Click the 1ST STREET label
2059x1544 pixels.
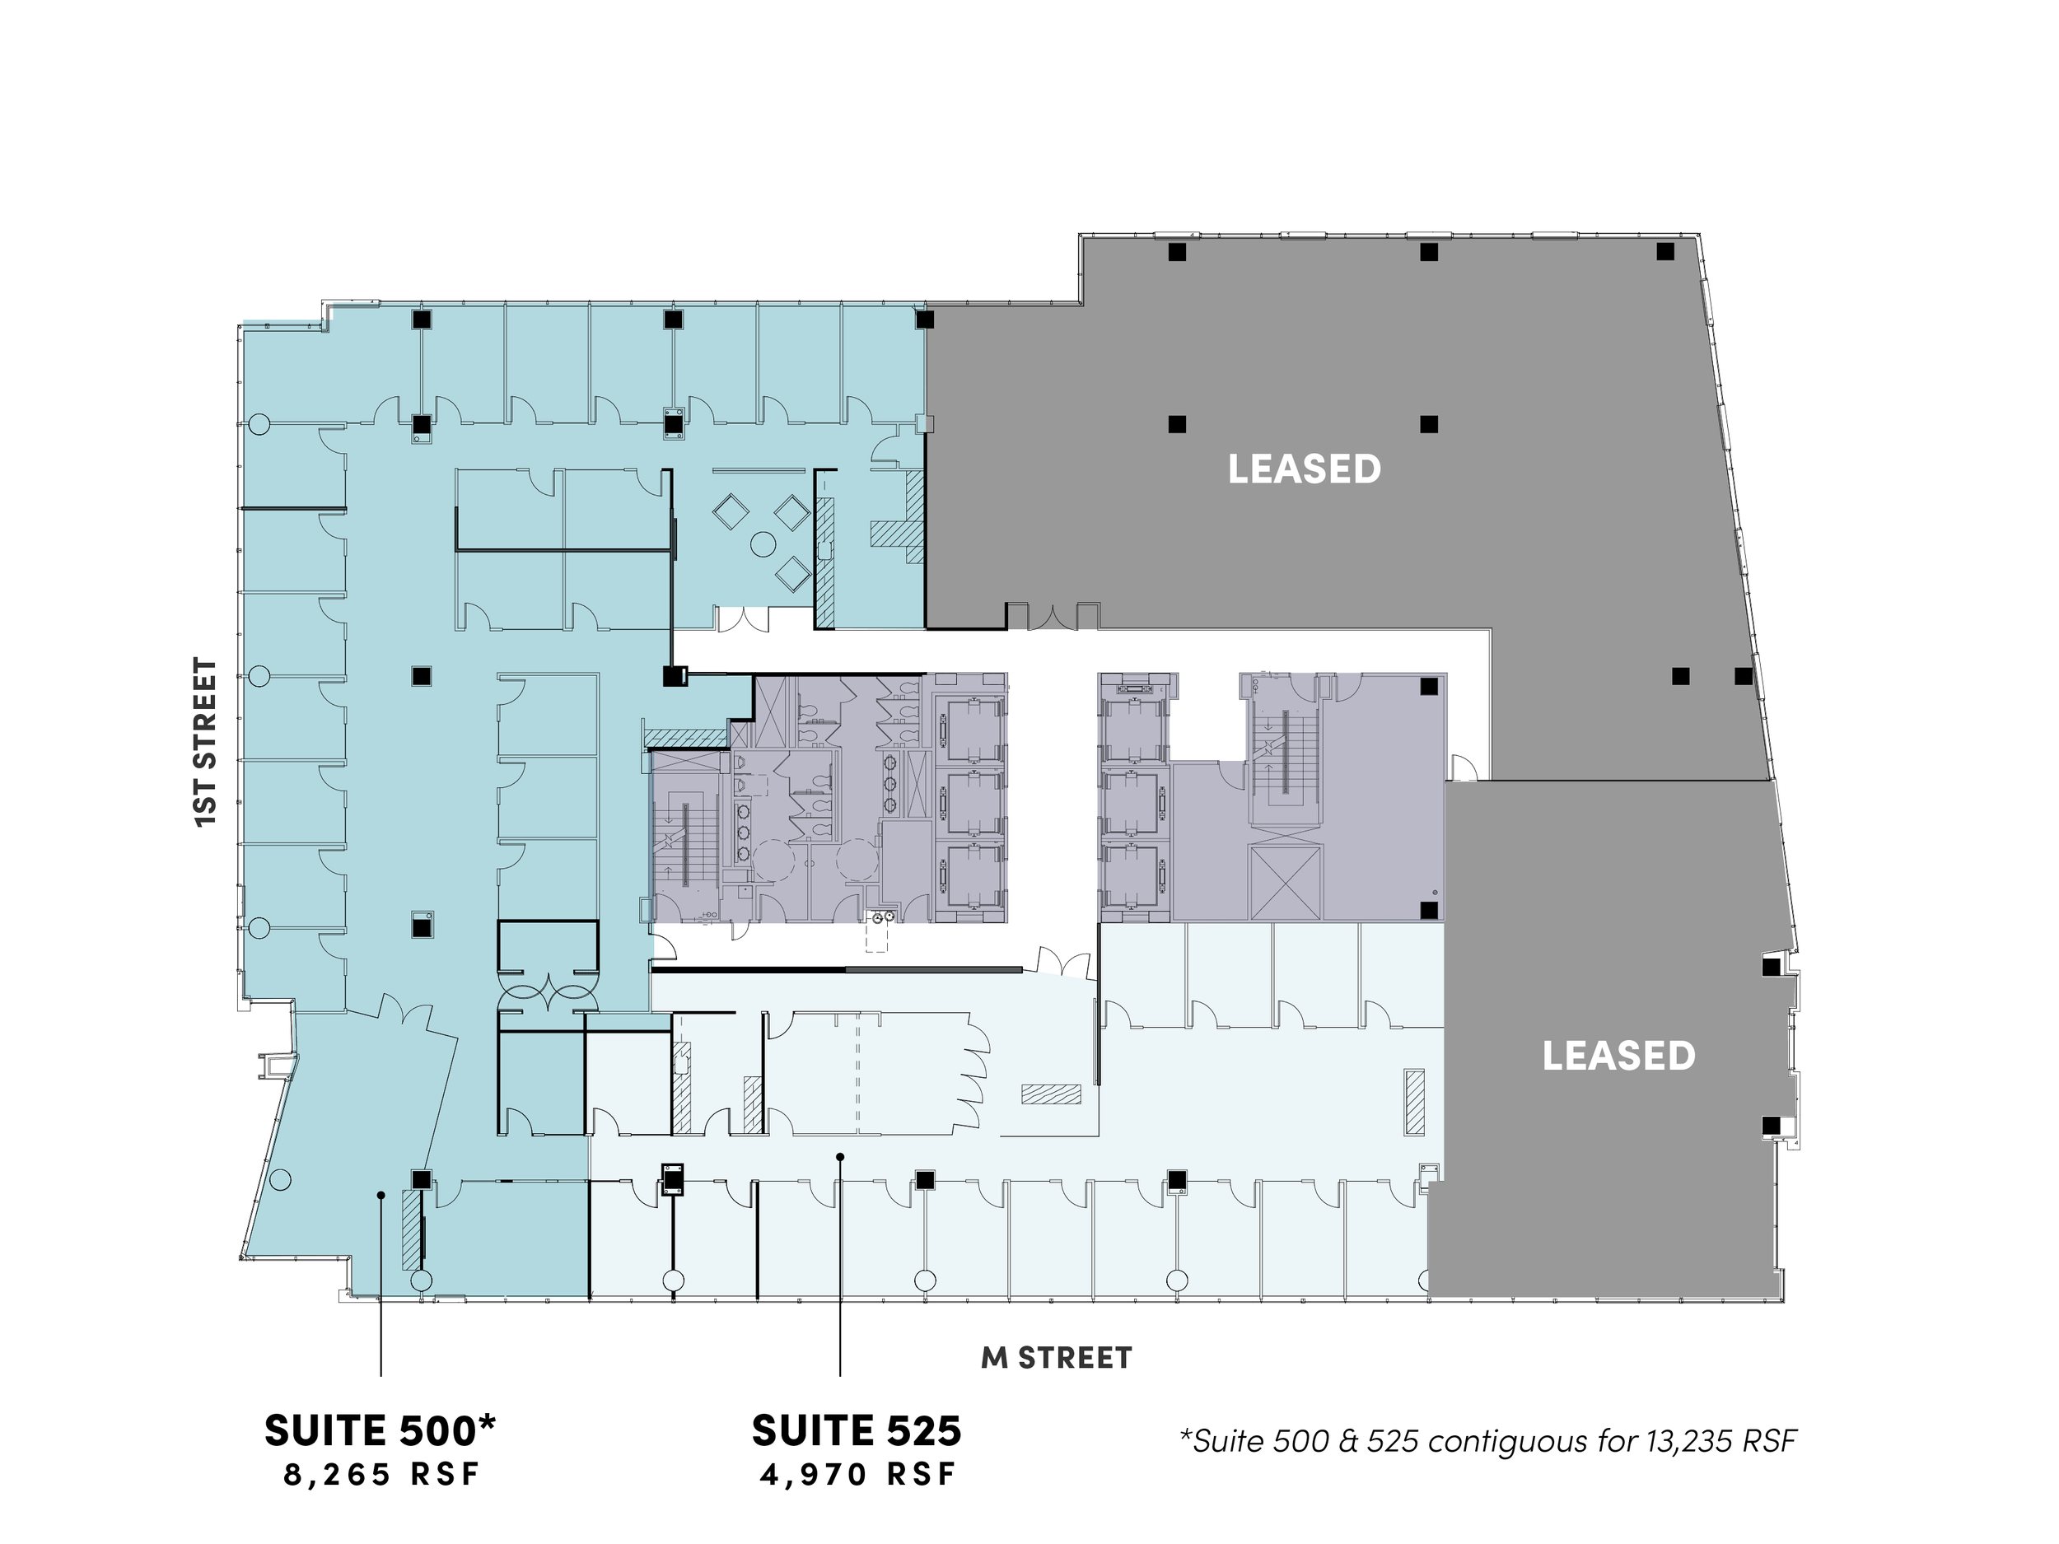(206, 742)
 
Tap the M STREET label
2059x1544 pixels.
(1057, 1358)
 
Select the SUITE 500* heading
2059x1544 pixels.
(380, 1430)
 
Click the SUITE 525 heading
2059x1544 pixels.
(857, 1431)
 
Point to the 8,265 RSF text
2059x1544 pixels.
(381, 1475)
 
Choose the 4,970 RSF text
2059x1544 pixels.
(858, 1475)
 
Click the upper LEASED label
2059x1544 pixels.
(1304, 469)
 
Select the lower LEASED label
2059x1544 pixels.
(1618, 1057)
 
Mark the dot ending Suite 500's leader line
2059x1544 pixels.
(381, 1195)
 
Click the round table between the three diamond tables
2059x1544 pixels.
(763, 544)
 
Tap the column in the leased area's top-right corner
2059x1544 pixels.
(1665, 251)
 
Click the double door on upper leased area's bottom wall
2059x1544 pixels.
(1053, 616)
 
